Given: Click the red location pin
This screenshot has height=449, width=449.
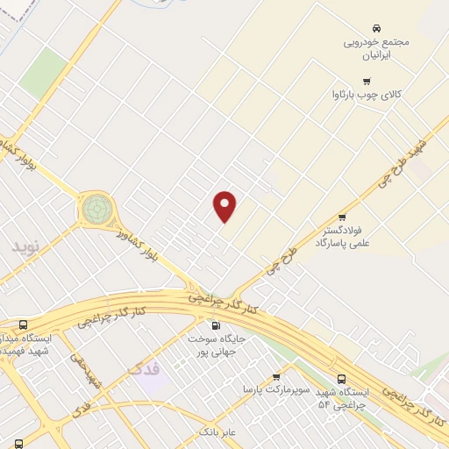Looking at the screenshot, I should [225, 206].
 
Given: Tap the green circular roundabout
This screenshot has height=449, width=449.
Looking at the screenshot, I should [97, 210].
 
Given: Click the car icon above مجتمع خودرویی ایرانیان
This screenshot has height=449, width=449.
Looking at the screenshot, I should [376, 28].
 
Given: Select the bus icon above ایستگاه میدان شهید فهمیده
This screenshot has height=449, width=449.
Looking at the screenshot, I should [22, 324].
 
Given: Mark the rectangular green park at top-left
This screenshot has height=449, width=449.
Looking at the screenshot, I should [44, 73].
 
